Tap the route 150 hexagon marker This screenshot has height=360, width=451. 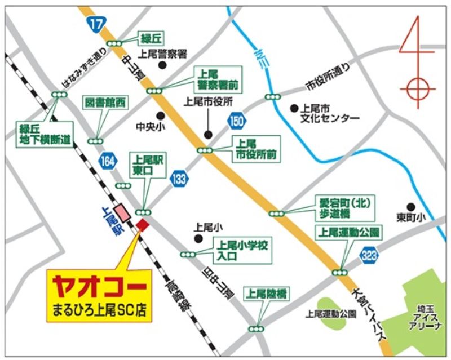(236, 120)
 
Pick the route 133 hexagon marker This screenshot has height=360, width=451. (180, 179)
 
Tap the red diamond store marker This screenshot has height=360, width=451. (142, 224)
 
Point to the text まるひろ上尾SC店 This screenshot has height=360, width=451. (99, 309)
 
